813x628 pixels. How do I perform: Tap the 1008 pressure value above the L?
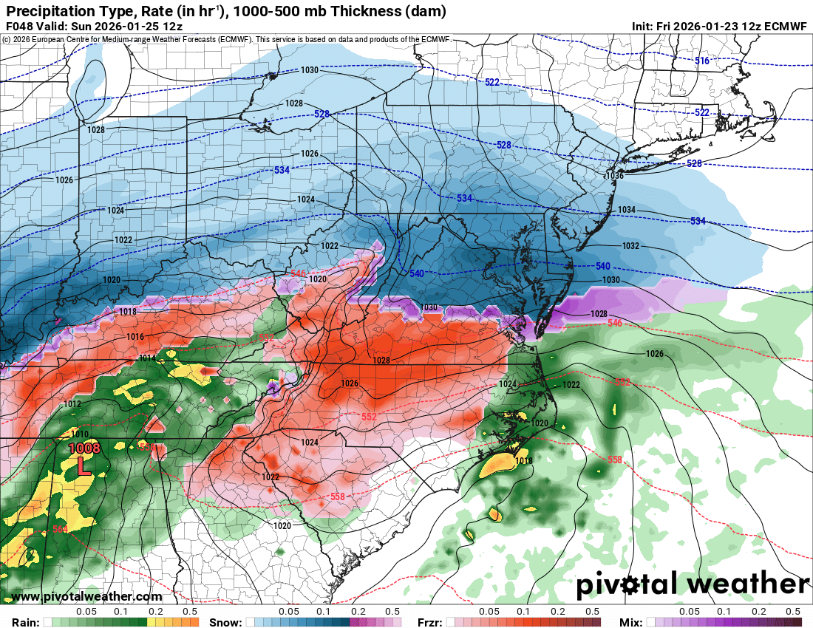[84, 448]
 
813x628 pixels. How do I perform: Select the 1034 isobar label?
[626, 210]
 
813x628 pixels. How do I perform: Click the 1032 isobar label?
[630, 246]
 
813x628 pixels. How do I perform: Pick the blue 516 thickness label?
[702, 61]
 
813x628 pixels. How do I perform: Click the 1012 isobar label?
[72, 404]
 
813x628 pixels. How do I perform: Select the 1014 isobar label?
[147, 358]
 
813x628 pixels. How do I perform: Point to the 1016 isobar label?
[135, 337]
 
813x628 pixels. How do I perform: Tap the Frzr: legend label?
[429, 622]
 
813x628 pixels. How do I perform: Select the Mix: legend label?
[630, 622]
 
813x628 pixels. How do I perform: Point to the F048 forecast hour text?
[20, 26]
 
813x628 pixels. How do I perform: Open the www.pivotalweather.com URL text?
[86, 596]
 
